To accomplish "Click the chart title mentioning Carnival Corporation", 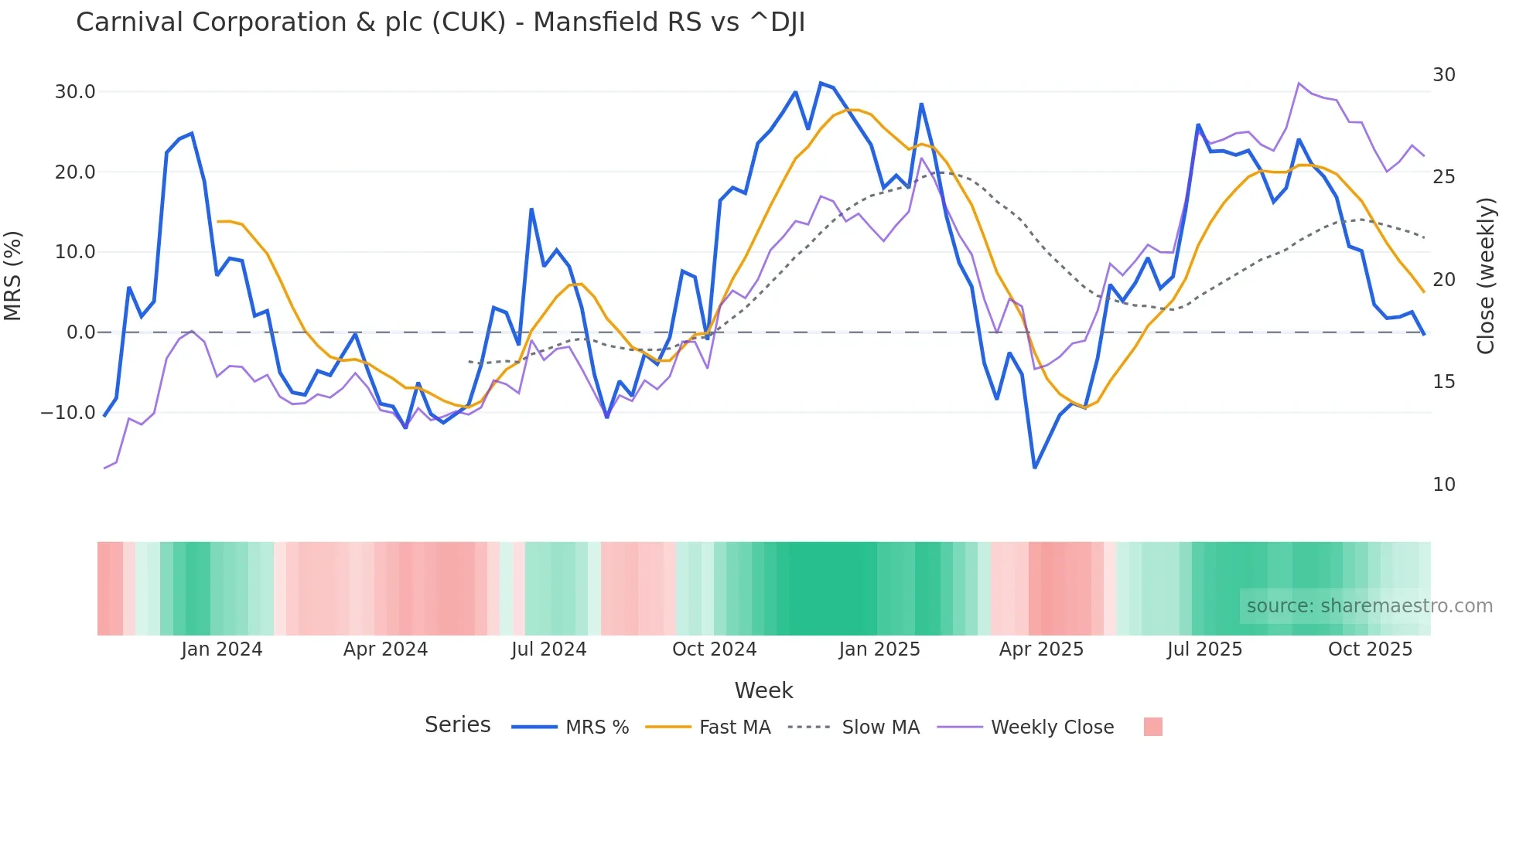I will pyautogui.click(x=440, y=22).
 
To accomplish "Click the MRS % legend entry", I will pyautogui.click(x=596, y=728).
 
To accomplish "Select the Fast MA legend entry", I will pyautogui.click(x=734, y=728).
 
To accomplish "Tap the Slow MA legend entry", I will pyautogui.click(x=880, y=728).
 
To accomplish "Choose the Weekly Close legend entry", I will pyautogui.click(x=1052, y=728).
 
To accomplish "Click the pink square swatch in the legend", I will pyautogui.click(x=1152, y=727).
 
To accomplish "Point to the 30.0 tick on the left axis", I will pyautogui.click(x=75, y=92).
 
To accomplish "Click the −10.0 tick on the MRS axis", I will pyautogui.click(x=68, y=413).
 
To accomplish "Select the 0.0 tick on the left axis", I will pyautogui.click(x=80, y=332).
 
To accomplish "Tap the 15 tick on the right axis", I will pyautogui.click(x=1444, y=382).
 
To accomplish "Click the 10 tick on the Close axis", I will pyautogui.click(x=1444, y=485).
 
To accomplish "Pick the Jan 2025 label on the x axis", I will pyautogui.click(x=879, y=649).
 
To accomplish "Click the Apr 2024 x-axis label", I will pyautogui.click(x=385, y=649).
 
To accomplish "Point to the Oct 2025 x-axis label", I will pyautogui.click(x=1370, y=649).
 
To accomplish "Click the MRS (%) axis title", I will pyautogui.click(x=13, y=276).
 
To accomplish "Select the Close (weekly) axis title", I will pyautogui.click(x=1485, y=276).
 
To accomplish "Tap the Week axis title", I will pyautogui.click(x=763, y=690).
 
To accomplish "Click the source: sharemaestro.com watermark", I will pyautogui.click(x=1369, y=606).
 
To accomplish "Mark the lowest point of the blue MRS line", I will pyautogui.click(x=1035, y=468).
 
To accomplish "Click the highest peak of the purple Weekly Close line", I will pyautogui.click(x=1299, y=83).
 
